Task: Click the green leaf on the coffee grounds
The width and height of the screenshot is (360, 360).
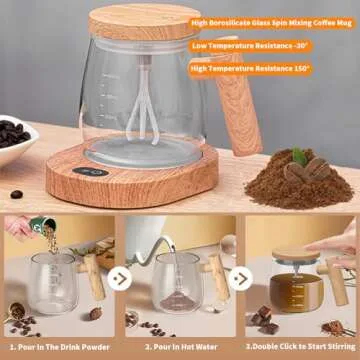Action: (298, 155)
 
